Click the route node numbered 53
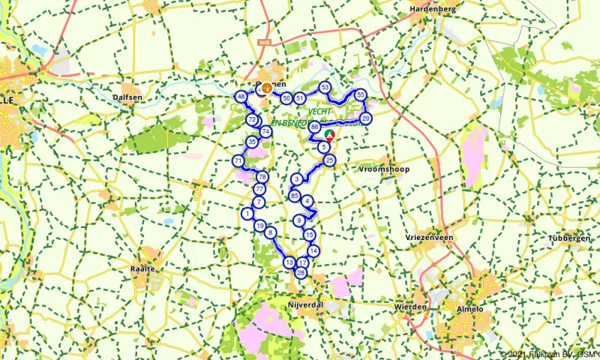325,87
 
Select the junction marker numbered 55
361,94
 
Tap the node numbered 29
366,118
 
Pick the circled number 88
313,127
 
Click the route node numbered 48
241,97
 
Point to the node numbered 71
238,160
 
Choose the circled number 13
289,262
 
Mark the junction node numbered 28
301,273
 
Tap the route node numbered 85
294,196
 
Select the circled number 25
329,160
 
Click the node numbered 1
247,214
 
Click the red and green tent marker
328,135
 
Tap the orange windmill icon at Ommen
266,88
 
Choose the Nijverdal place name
304,307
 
